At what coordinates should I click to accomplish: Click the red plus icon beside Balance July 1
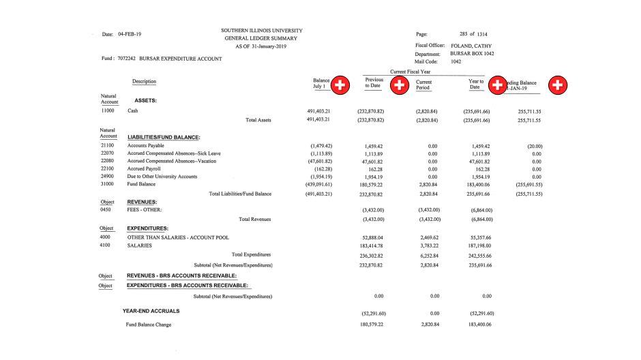coord(340,85)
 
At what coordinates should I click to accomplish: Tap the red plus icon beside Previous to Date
coord(398,85)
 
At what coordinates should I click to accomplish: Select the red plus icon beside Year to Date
coord(497,85)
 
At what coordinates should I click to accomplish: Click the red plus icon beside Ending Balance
coord(558,85)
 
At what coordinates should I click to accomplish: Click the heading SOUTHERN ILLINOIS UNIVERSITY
coord(262,31)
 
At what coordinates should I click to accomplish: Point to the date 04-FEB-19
coord(130,33)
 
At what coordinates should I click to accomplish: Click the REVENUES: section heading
coord(143,202)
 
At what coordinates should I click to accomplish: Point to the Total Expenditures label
coord(251,254)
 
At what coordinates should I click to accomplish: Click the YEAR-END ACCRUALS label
coord(151,311)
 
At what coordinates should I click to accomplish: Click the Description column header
coord(145,82)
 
